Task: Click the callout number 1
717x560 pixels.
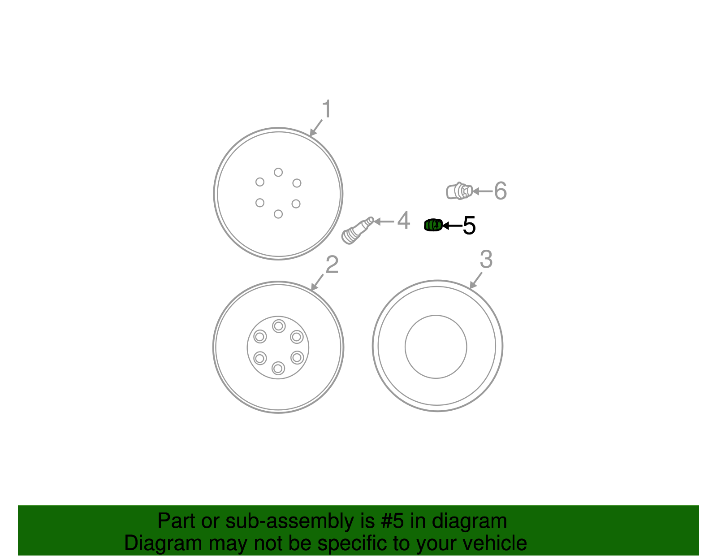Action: (327, 109)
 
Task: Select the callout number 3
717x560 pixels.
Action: (486, 259)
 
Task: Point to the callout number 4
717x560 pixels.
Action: (403, 221)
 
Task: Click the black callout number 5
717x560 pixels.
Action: (469, 226)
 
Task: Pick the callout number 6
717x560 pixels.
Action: (500, 191)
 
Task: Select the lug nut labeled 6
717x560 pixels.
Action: (459, 191)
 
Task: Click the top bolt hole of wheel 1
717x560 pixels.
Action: (278, 172)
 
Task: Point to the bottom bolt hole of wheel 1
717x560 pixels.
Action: (278, 214)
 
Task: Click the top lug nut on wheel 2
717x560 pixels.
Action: (279, 326)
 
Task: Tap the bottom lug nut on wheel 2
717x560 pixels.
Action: (278, 369)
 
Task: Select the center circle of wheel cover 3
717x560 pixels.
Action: (436, 347)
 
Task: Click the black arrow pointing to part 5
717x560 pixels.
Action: (452, 226)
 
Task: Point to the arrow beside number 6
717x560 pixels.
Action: (482, 191)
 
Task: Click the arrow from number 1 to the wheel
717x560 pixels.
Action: (316, 128)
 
